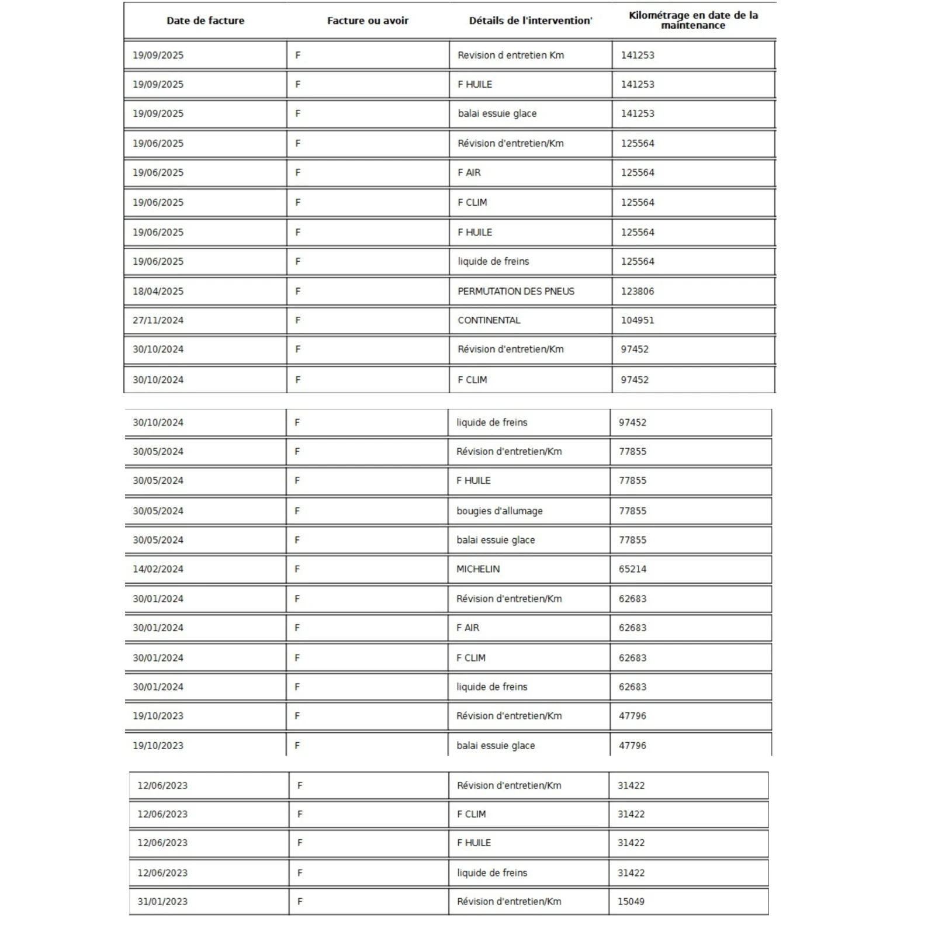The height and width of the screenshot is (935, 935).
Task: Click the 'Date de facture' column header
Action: point(205,20)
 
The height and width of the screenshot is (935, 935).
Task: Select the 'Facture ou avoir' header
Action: point(368,20)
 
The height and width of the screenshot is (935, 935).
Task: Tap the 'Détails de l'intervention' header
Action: point(530,20)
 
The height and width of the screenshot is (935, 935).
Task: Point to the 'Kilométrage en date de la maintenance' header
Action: point(693,20)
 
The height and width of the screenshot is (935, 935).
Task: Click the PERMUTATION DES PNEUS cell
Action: point(515,291)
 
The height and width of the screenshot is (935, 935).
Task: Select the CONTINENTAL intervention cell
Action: point(489,320)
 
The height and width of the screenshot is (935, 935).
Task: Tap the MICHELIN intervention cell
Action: point(477,569)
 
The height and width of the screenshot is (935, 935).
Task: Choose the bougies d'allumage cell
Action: point(499,511)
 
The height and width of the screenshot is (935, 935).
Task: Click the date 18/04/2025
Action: point(158,291)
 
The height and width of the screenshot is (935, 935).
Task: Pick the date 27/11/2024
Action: point(158,320)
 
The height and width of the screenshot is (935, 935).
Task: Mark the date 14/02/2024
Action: point(158,569)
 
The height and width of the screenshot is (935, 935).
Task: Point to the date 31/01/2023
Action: point(162,901)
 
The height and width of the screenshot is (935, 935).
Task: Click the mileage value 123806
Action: point(637,291)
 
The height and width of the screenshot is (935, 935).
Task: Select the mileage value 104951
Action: point(637,320)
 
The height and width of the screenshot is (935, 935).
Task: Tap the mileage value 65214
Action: point(632,569)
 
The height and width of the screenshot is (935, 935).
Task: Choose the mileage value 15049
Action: point(631,901)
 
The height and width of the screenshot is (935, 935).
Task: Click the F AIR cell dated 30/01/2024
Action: point(467,628)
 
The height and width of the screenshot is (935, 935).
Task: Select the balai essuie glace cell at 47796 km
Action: point(496,745)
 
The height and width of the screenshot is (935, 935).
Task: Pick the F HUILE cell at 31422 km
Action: point(473,843)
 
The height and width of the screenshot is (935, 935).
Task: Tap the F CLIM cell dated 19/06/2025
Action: point(472,202)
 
